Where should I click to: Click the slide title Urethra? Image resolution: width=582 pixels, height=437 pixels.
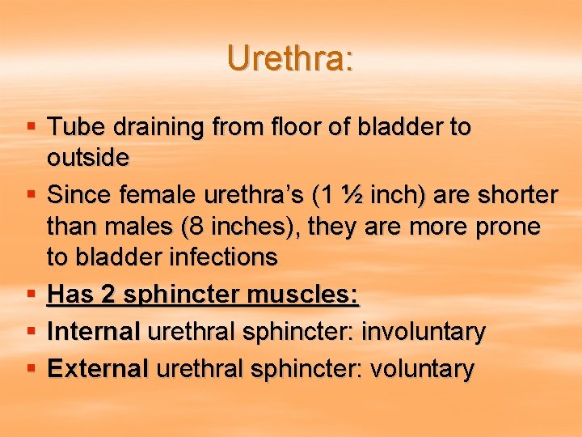click(290, 59)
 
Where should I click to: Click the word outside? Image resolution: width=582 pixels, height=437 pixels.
click(87, 157)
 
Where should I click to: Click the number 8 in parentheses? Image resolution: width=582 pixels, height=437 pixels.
click(196, 227)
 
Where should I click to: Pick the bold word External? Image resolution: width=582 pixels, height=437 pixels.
click(98, 369)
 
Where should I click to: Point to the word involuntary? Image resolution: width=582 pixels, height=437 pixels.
click(423, 331)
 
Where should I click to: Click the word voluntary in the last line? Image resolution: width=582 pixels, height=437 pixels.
click(422, 369)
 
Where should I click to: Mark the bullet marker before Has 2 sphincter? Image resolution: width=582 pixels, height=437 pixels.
click(31, 295)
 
